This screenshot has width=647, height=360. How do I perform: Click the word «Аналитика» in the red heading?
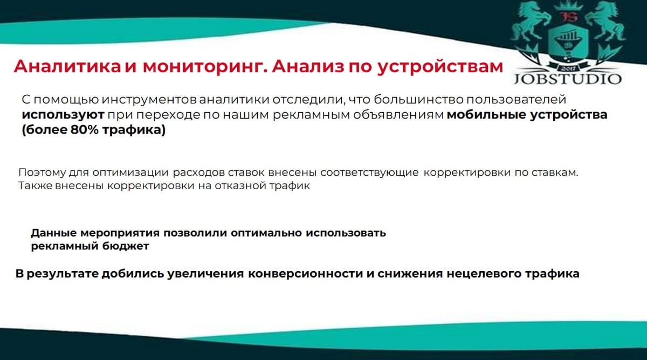tap(67, 66)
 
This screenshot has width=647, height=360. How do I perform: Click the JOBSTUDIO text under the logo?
tap(568, 79)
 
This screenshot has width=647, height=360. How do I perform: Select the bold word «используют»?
tap(63, 115)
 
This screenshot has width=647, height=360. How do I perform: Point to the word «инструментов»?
tap(149, 100)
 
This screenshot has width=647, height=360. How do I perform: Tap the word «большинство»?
tap(418, 100)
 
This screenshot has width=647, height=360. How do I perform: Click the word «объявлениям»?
tap(398, 115)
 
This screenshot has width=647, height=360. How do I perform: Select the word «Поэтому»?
tap(42, 172)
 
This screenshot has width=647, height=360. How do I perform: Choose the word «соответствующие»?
tap(369, 172)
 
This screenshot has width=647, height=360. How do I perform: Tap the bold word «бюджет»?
tap(126, 246)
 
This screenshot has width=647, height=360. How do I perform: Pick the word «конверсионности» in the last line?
tap(306, 274)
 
